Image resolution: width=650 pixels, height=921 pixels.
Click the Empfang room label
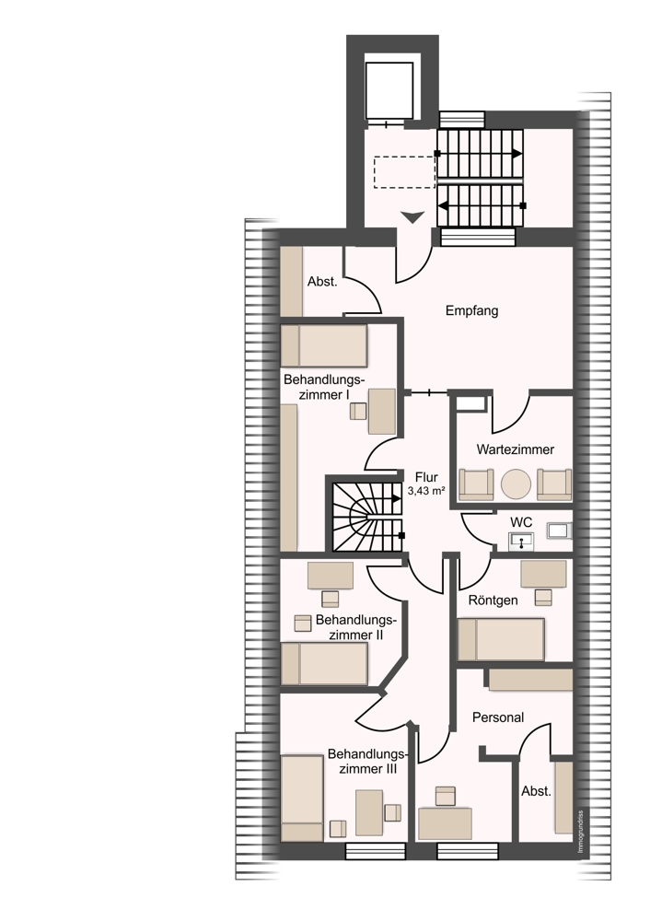click(x=471, y=310)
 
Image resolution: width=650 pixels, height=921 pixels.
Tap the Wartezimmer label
click(x=515, y=449)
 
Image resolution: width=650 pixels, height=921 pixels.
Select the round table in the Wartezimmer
click(x=517, y=484)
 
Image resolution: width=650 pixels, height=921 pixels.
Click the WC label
click(x=521, y=522)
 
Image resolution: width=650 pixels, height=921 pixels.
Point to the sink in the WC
click(x=521, y=541)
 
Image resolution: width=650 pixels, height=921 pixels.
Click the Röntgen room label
click(x=493, y=600)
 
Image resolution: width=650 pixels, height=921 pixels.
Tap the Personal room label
click(x=498, y=717)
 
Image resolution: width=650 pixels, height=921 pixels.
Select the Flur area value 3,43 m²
click(x=425, y=492)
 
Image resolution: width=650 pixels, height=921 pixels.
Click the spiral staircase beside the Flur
click(x=368, y=517)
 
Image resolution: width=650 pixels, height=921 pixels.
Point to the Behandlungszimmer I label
click(x=325, y=387)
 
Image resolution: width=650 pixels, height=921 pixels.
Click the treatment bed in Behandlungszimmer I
click(x=324, y=346)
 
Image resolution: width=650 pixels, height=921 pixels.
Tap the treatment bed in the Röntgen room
click(x=501, y=639)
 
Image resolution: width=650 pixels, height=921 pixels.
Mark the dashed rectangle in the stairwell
click(x=404, y=172)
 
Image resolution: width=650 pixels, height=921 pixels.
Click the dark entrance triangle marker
click(x=412, y=217)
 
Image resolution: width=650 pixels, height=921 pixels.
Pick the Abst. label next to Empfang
click(x=322, y=281)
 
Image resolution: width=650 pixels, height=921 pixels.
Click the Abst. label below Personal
click(x=536, y=791)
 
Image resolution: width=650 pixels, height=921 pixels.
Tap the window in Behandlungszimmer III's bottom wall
click(x=376, y=851)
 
